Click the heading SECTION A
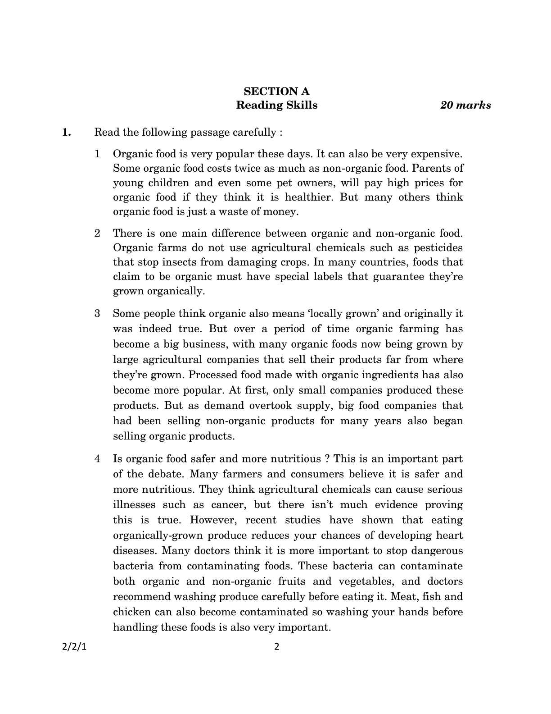[x=276, y=92]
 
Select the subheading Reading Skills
[x=276, y=105]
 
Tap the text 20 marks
[x=465, y=105]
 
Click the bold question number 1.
[x=67, y=133]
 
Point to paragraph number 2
[x=97, y=233]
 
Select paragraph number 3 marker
[x=97, y=314]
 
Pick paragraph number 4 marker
[x=97, y=459]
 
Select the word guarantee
[x=398, y=277]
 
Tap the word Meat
[x=404, y=597]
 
